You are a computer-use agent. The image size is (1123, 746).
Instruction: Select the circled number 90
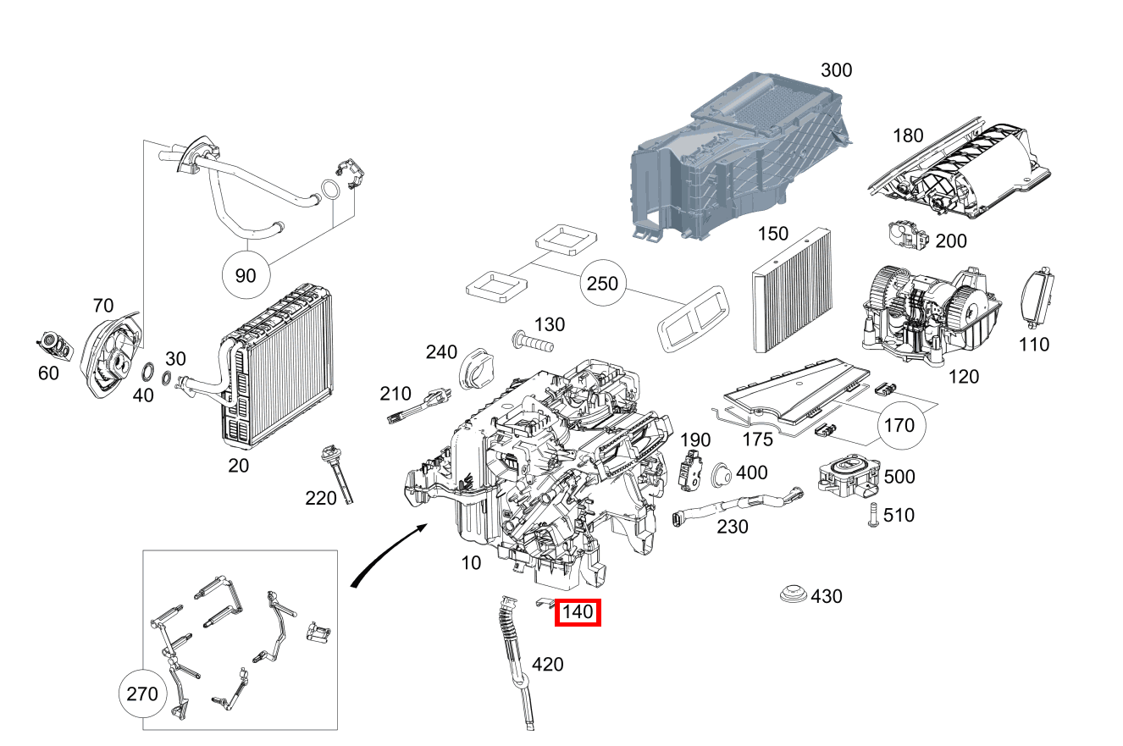[x=245, y=276]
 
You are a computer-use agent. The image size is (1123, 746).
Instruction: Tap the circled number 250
[x=603, y=284]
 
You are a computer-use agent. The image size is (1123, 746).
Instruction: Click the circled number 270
[x=141, y=694]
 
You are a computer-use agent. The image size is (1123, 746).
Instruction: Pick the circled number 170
[x=899, y=424]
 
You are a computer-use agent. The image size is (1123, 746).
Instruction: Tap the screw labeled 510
[x=871, y=514]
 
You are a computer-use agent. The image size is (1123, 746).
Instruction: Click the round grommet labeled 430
[x=793, y=594]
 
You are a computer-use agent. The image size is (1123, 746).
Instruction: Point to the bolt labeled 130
[x=532, y=343]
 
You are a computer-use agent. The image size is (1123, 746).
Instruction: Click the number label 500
[x=899, y=477]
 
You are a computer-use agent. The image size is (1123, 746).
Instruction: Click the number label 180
[x=908, y=135]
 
